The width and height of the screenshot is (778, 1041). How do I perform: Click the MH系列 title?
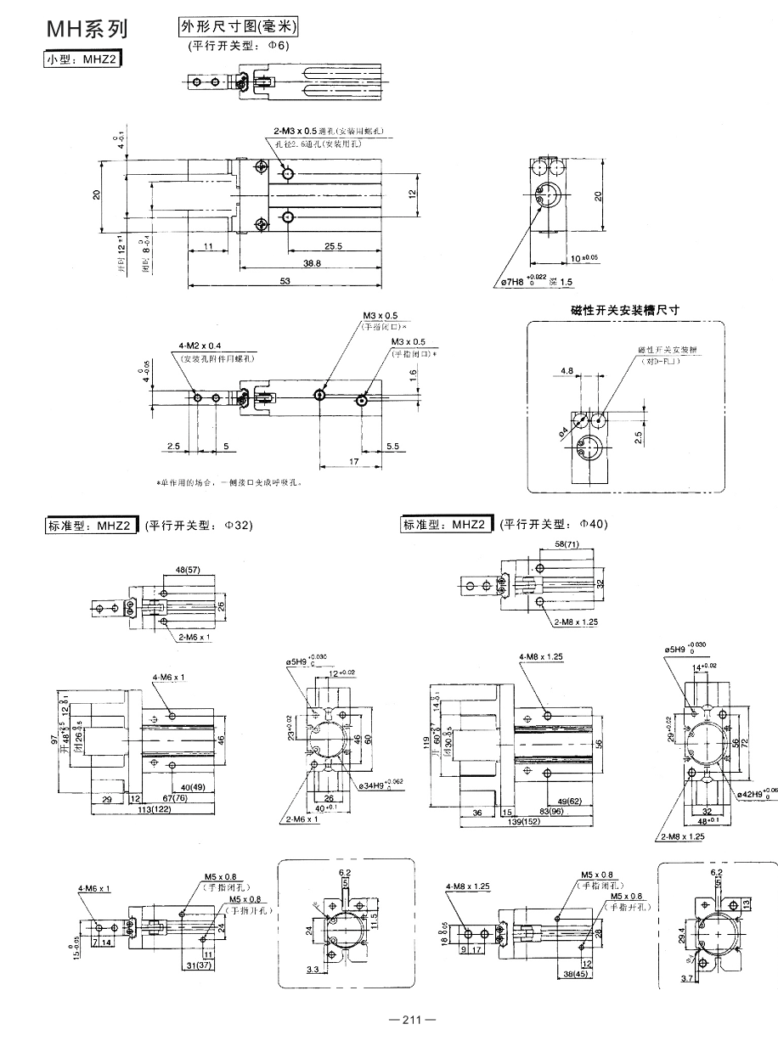point(86,31)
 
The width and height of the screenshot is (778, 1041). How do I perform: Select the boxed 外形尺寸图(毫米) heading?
point(240,28)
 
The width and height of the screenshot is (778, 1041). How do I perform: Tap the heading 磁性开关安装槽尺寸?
point(624,311)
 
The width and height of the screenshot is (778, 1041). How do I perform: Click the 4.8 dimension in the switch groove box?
point(568,370)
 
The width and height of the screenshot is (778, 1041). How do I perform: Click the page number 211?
point(412,1019)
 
